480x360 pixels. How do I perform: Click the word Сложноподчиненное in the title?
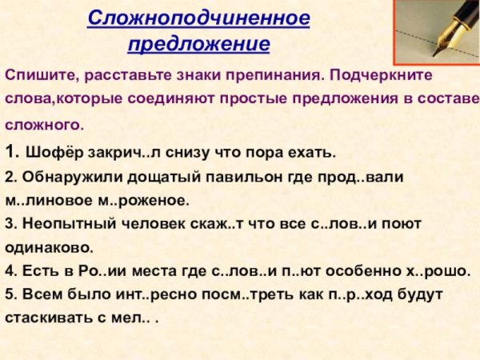click(x=198, y=17)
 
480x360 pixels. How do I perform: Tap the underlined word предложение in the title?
click(x=198, y=42)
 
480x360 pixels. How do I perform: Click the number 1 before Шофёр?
click(x=9, y=150)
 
